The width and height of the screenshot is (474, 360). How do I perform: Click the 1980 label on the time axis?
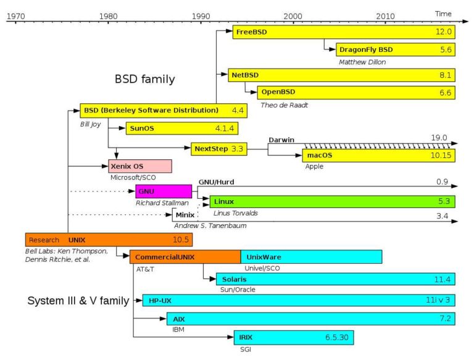pos(108,15)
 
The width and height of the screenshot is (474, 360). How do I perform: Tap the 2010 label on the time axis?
pos(386,15)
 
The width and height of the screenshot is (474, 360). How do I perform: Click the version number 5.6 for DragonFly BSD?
pos(446,49)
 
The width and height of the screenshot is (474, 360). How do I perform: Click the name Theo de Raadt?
pos(283,105)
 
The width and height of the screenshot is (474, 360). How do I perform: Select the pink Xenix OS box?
pos(140,166)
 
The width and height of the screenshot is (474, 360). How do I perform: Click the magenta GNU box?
pos(164,191)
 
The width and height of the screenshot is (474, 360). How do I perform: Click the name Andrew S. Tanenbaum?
pos(210,225)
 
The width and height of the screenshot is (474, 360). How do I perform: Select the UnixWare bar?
pos(311,256)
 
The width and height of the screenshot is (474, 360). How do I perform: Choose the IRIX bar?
pos(293,338)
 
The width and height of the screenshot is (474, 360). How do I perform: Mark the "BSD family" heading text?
pos(144,80)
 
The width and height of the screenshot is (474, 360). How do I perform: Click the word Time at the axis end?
pos(443,14)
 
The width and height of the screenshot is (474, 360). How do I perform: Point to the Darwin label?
pos(281,140)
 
